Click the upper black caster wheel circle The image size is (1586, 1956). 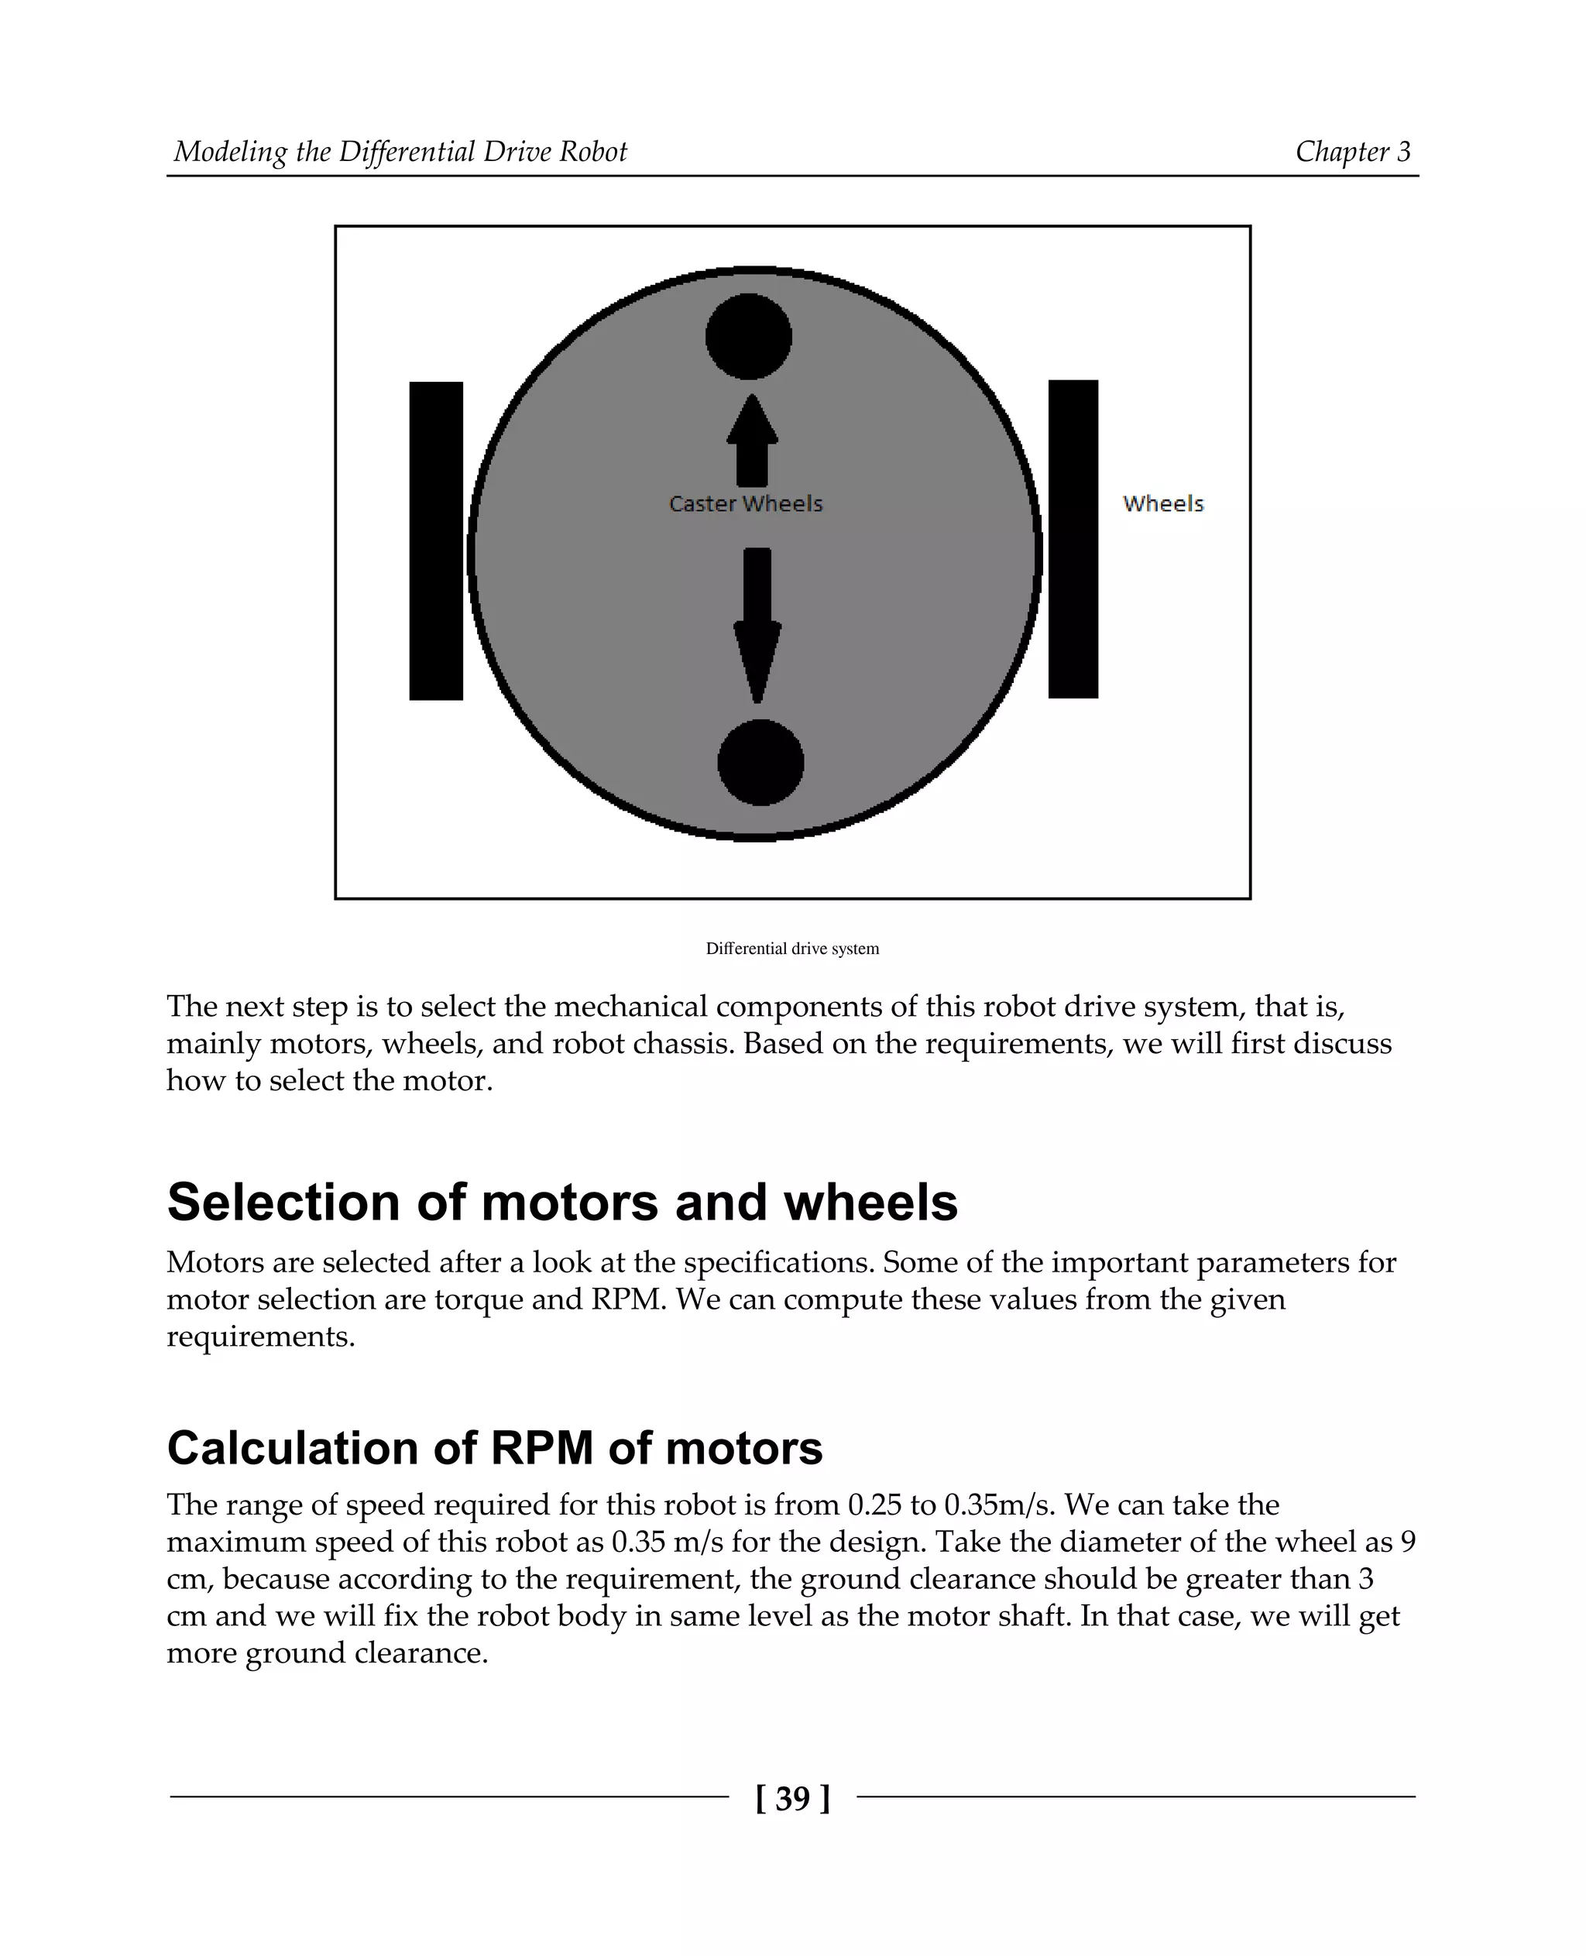[748, 336]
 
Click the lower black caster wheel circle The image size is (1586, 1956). [760, 762]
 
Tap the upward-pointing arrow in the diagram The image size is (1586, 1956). [752, 441]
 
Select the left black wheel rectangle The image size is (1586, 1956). [436, 540]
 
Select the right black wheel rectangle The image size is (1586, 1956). [1073, 539]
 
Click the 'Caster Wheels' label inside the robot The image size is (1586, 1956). [746, 503]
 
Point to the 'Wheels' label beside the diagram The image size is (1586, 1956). [1163, 503]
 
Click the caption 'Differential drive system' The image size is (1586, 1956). [792, 949]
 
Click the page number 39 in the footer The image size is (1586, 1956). [793, 1798]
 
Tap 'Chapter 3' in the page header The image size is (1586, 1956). [1352, 152]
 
